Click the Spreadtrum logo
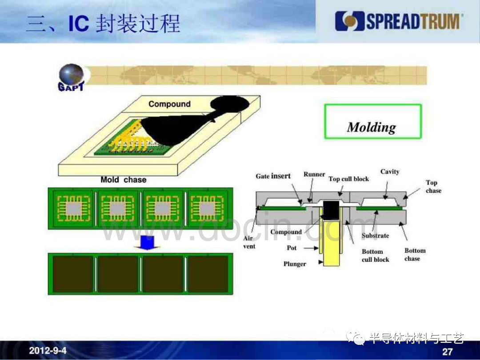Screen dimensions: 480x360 coord(399,21)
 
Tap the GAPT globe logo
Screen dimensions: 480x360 coord(71,77)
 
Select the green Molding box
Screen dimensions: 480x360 coord(373,121)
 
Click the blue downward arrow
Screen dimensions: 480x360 coord(147,243)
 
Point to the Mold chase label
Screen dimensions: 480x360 coord(124,180)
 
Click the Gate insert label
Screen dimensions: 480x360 coord(273,176)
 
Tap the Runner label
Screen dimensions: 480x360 coord(314,174)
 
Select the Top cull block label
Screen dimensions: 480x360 coord(349,179)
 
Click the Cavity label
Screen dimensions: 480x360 coord(390,172)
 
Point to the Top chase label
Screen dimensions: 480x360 coord(433,186)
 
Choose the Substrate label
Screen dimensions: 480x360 coord(375,236)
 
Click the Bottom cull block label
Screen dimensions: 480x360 coord(375,255)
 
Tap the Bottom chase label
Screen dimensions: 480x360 coord(415,254)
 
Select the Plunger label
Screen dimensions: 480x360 coord(295,264)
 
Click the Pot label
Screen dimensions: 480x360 coord(292,248)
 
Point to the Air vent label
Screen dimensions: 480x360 coord(249,242)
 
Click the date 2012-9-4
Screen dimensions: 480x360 coord(48,351)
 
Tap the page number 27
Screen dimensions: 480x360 coord(447,352)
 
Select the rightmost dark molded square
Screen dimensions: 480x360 coord(208,274)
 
